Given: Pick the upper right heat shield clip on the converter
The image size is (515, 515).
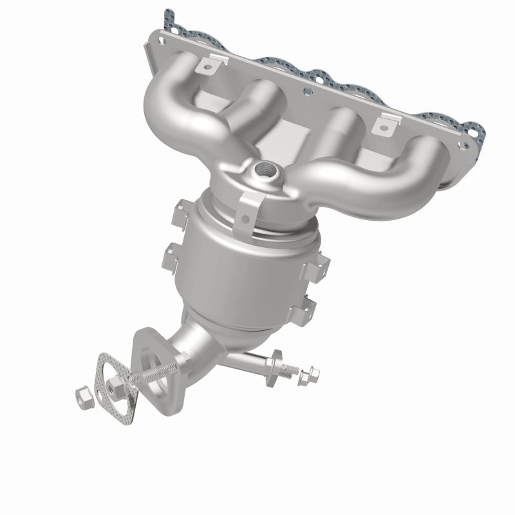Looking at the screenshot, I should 321,264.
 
